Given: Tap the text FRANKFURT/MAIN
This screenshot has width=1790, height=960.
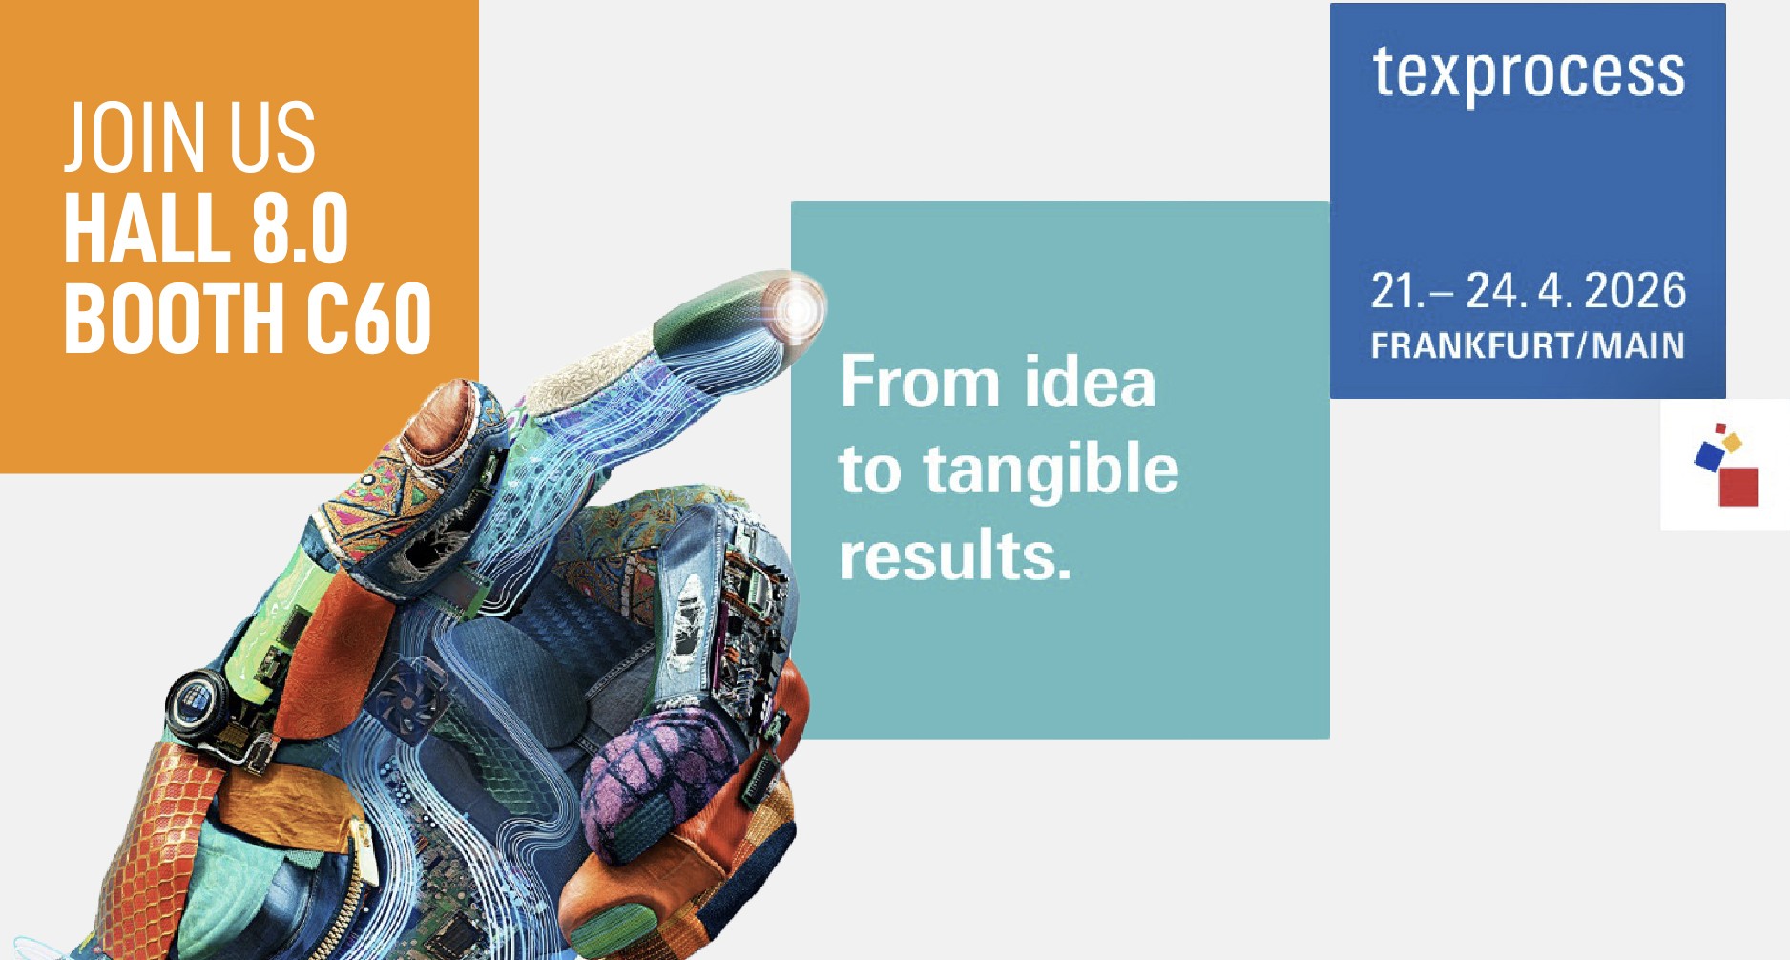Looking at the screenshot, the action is (x=1528, y=345).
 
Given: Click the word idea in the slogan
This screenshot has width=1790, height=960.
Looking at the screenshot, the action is (x=1090, y=382).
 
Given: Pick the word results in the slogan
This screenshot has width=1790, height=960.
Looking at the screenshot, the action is (x=955, y=555).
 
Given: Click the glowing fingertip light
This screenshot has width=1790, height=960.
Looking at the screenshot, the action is (x=795, y=309).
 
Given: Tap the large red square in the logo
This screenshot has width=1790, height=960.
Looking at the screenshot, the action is (x=1738, y=487).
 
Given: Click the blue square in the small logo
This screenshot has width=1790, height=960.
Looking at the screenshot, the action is (x=1709, y=455).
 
